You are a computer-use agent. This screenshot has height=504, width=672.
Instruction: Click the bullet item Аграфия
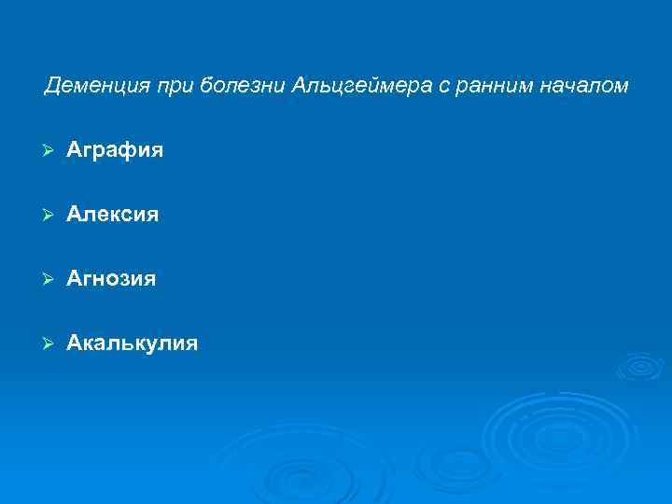(x=115, y=150)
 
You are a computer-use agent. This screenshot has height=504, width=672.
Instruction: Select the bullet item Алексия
(x=113, y=215)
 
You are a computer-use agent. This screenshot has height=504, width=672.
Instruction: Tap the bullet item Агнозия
(x=112, y=279)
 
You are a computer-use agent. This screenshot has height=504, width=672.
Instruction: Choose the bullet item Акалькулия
(x=133, y=343)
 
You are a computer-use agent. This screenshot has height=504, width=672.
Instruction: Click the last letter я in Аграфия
(x=157, y=150)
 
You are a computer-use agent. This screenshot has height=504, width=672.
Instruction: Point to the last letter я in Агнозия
(x=150, y=279)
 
